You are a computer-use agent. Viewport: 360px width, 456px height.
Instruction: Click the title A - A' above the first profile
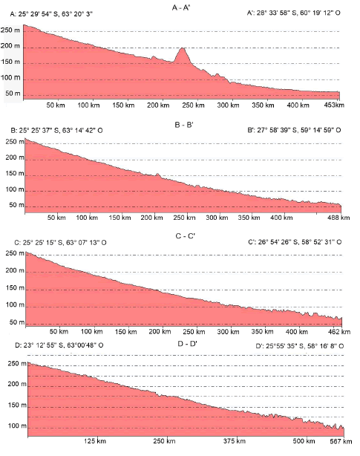[x=180, y=8]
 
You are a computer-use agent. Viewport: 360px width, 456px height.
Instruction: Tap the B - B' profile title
[x=184, y=125]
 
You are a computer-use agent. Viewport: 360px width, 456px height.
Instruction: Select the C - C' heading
[x=186, y=236]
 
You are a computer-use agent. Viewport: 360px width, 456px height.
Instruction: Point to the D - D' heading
[x=187, y=344]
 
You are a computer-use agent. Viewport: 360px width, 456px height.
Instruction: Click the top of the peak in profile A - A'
[x=182, y=48]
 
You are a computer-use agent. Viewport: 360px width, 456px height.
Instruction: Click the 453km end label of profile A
[x=334, y=105]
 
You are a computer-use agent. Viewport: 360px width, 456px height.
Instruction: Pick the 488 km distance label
[x=338, y=218]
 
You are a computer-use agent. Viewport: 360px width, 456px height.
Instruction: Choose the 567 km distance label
[x=341, y=441]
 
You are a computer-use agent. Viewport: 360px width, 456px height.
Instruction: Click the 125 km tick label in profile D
[x=95, y=441]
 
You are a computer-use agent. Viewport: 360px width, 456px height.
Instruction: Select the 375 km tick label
[x=235, y=441]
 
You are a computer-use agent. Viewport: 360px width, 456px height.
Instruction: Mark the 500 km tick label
[x=304, y=441]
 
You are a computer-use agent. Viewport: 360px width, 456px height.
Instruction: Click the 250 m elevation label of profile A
[x=10, y=30]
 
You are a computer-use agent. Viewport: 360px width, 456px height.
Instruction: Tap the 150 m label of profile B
[x=15, y=174]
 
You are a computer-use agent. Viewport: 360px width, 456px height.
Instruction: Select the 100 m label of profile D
[x=17, y=426]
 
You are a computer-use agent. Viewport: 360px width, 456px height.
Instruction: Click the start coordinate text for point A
[x=51, y=14]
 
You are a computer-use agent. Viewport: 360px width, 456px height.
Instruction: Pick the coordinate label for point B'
[x=294, y=130]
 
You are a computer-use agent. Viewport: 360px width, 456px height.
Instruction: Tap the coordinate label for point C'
[x=295, y=242]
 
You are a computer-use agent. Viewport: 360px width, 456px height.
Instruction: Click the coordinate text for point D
[x=59, y=345]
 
